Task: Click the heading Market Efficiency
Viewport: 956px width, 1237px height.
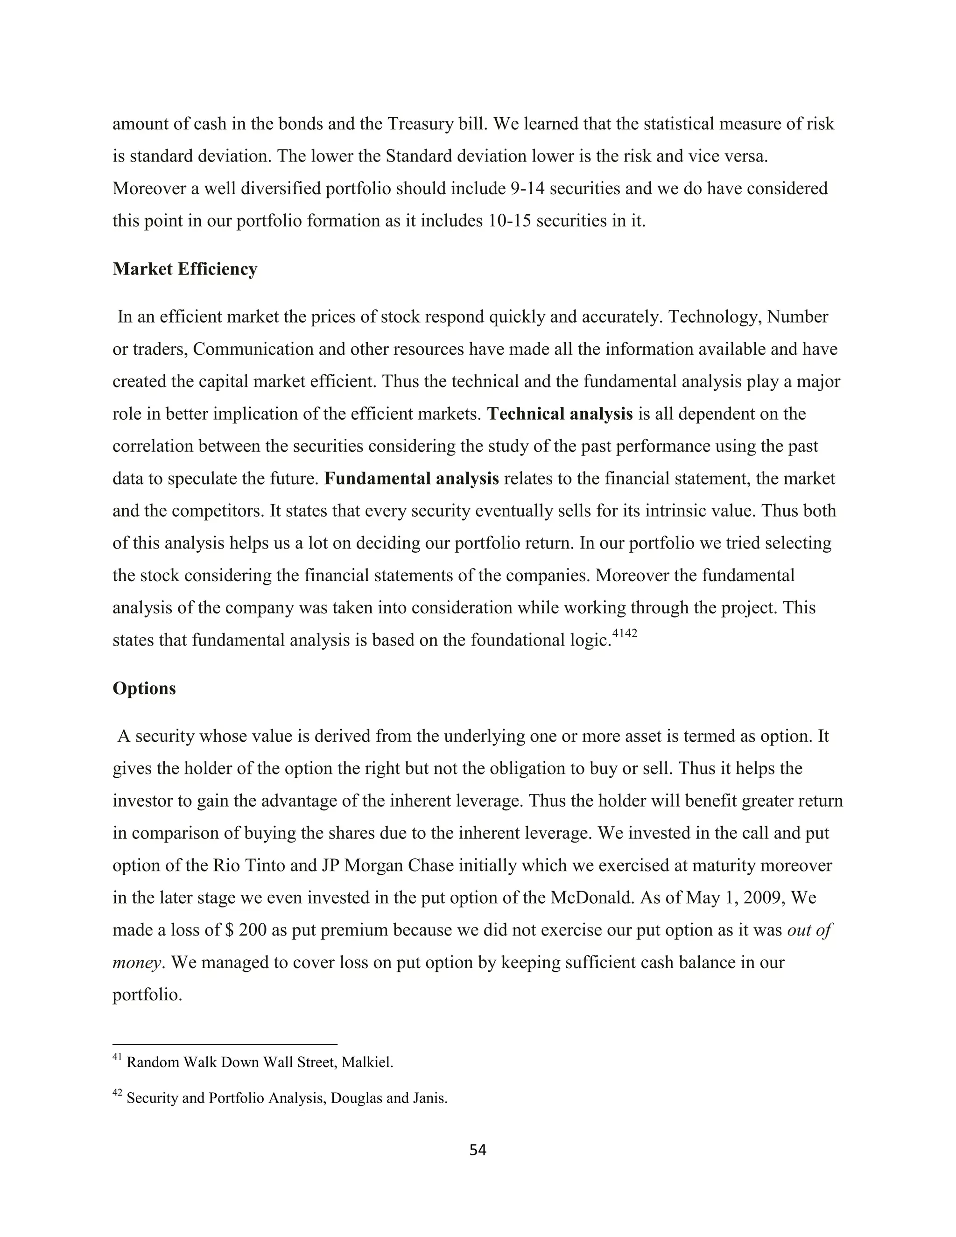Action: click(185, 269)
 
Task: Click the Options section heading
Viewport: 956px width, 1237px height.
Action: click(144, 688)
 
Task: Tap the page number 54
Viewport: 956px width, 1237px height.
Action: click(478, 1150)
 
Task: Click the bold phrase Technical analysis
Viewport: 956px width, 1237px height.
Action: click(560, 414)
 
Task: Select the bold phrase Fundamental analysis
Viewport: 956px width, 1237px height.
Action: click(411, 478)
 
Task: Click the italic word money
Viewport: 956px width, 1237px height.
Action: click(136, 963)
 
